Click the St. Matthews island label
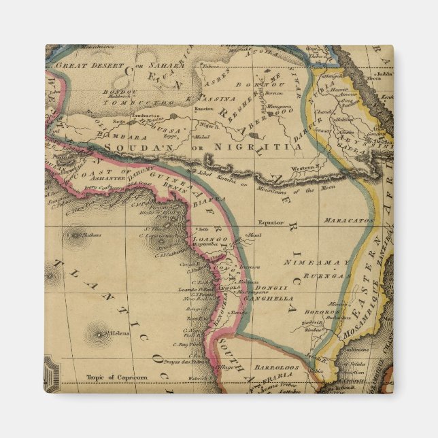(x=86, y=235)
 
